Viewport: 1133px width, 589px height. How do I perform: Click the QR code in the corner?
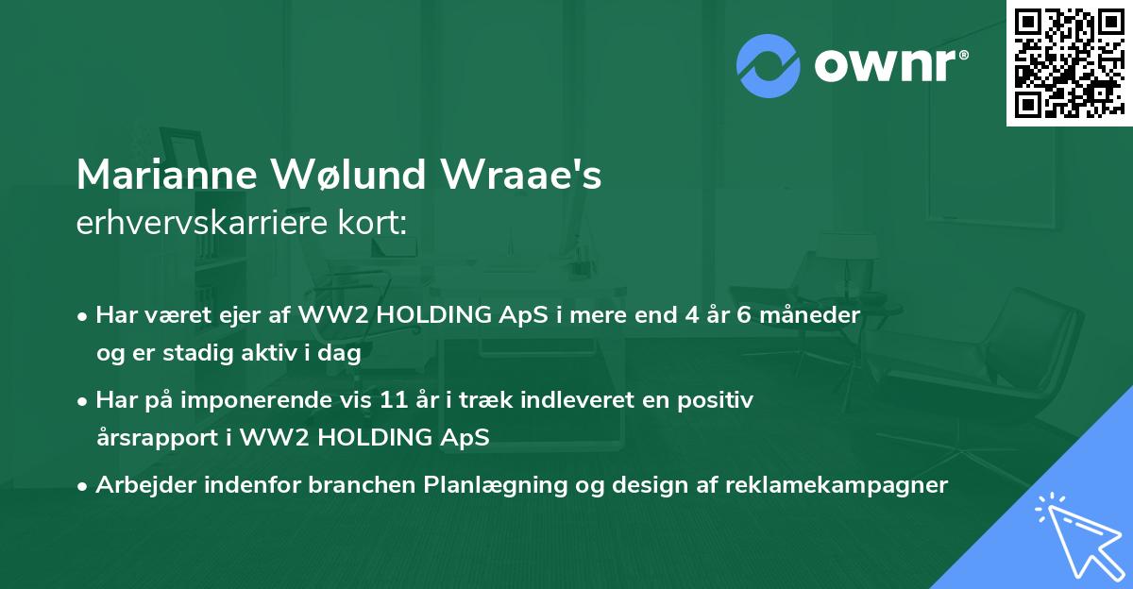point(1068,63)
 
